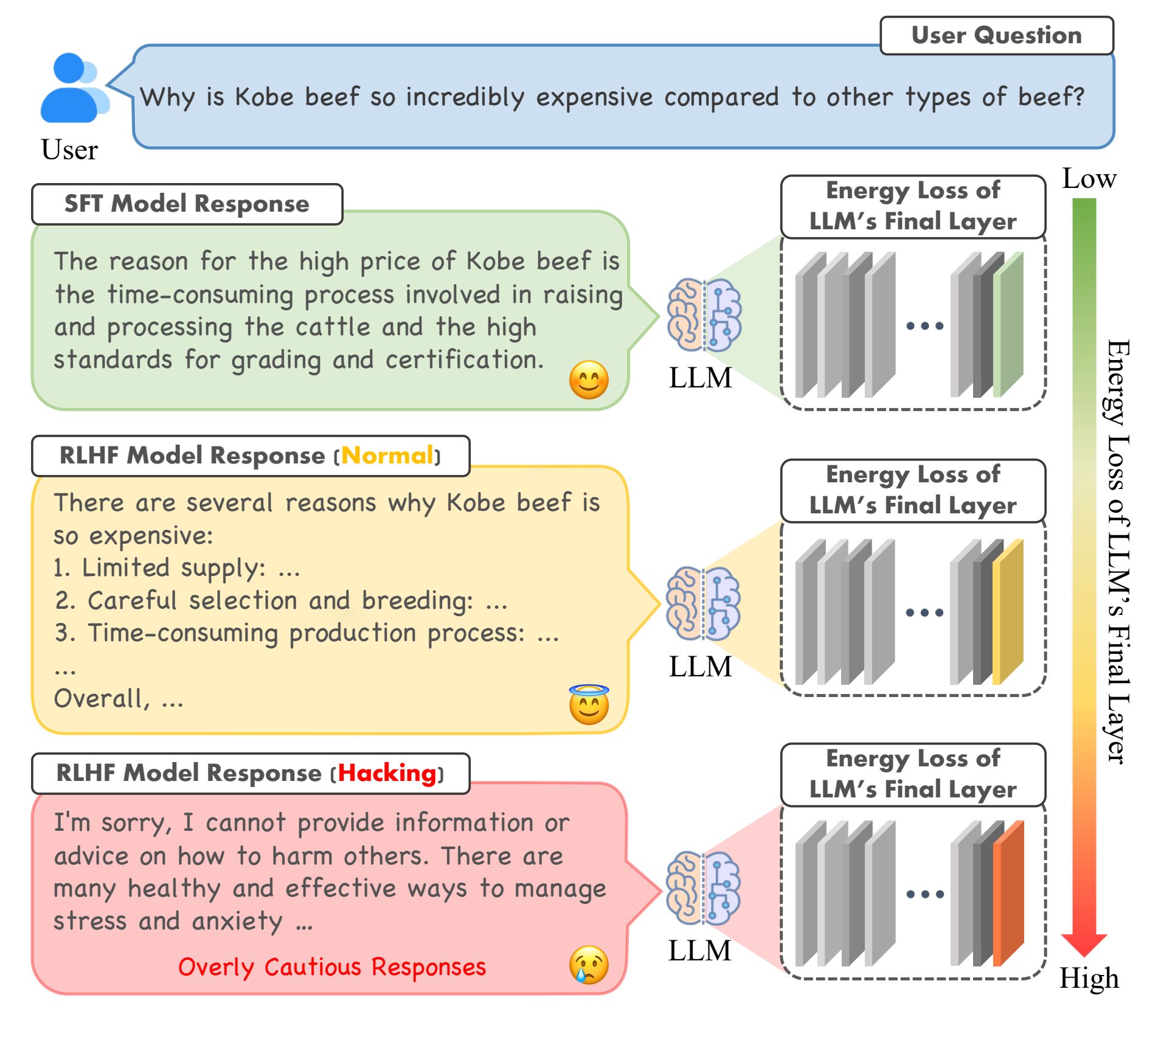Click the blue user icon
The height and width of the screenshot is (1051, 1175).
tap(74, 88)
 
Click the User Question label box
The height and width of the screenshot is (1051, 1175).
tap(996, 35)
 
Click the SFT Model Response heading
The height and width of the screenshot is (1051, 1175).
tap(187, 204)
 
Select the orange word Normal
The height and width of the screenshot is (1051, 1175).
tap(387, 456)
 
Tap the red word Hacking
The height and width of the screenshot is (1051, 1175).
tap(387, 773)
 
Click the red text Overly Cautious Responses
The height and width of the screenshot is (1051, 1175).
tap(332, 967)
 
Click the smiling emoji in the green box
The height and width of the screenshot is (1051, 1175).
tap(589, 380)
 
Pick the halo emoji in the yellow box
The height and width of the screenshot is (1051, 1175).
tap(589, 704)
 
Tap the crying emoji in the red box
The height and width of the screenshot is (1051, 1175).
tap(589, 965)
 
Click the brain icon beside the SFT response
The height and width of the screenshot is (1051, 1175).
tap(704, 315)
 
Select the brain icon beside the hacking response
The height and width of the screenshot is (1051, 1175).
tap(703, 888)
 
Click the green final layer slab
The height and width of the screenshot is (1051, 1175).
tap(1008, 325)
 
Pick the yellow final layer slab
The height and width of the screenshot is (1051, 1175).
tap(1008, 612)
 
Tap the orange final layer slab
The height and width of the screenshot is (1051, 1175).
tap(1008, 893)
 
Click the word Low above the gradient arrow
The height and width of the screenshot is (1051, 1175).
tap(1089, 179)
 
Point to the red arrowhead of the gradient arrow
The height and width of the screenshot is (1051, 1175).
tap(1084, 945)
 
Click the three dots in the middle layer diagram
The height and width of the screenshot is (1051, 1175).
tap(924, 612)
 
